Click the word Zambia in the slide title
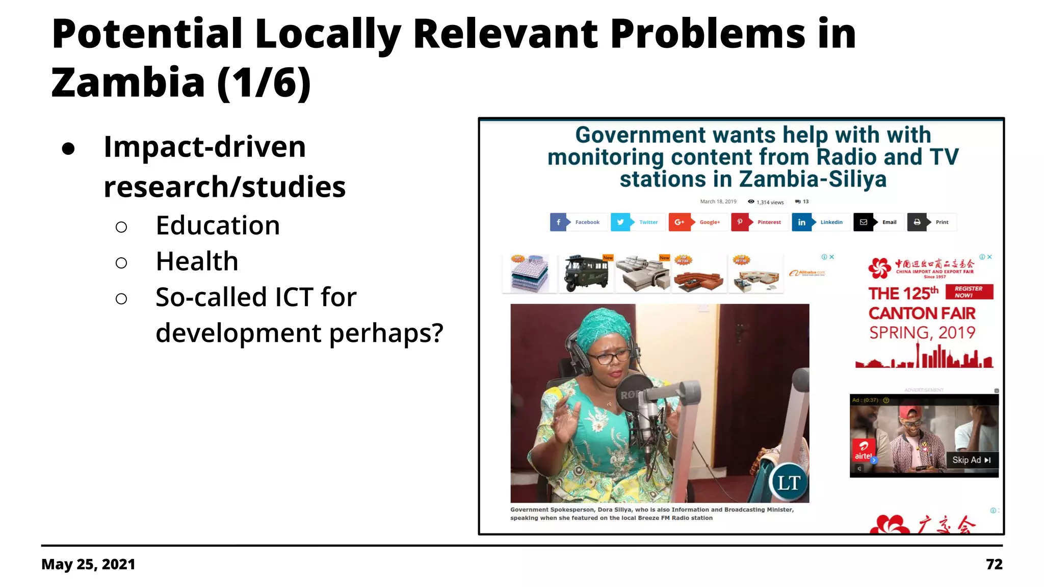[x=128, y=83]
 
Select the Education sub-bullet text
[x=218, y=225]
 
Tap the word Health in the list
[x=197, y=261]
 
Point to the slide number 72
[x=994, y=564]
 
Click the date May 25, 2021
[x=88, y=564]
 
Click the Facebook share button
[x=578, y=222]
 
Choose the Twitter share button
[x=638, y=222]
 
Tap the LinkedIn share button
[x=820, y=222]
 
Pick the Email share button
[x=878, y=222]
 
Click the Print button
[x=931, y=222]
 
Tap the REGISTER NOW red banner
[x=969, y=292]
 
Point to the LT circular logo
[x=789, y=482]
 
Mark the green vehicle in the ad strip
[x=586, y=274]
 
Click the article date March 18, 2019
[x=718, y=202]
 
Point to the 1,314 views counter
[x=766, y=202]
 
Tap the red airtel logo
[x=863, y=450]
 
